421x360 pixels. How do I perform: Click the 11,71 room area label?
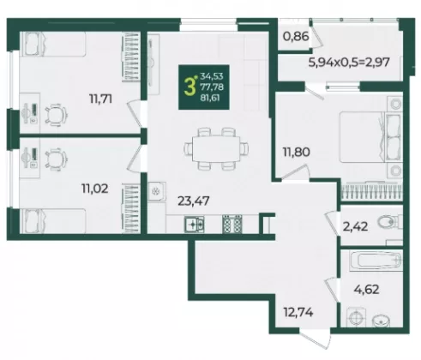click(100, 99)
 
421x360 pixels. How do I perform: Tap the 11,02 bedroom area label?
click(95, 189)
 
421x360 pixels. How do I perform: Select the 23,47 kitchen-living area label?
click(194, 201)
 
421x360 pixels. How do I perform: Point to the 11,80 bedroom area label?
click(297, 152)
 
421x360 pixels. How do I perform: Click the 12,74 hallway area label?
click(298, 312)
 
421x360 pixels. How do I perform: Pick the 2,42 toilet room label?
click(355, 227)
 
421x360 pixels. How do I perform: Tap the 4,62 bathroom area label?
click(366, 290)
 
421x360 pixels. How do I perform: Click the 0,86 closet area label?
click(296, 37)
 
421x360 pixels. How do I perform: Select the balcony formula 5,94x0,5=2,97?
click(349, 62)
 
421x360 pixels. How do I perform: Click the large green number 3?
click(189, 87)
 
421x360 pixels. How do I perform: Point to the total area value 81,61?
click(210, 98)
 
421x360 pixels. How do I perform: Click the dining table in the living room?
click(216, 149)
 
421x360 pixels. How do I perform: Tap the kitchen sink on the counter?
click(195, 224)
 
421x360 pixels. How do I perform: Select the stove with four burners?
click(232, 224)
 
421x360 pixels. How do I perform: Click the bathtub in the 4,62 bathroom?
click(376, 261)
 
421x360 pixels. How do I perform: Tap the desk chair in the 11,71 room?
click(56, 114)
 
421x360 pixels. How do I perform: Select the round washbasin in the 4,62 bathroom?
click(382, 321)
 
